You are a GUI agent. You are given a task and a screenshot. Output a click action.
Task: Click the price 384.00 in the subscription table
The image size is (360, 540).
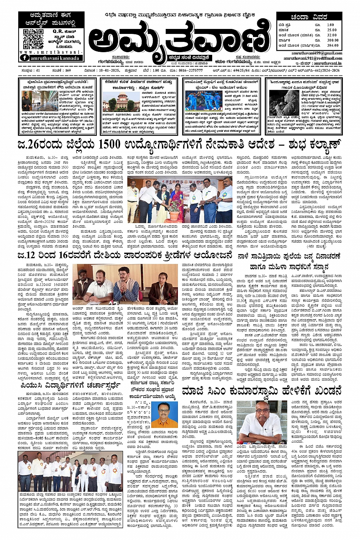pos(332,45)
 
